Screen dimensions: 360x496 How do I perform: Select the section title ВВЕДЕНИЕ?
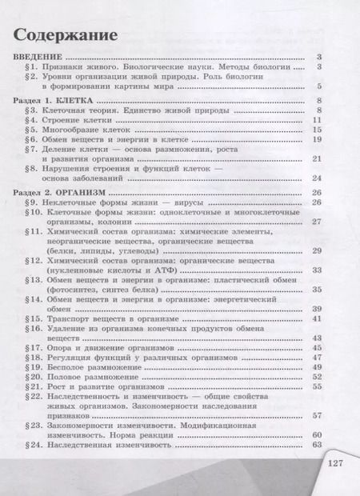click(38, 57)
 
